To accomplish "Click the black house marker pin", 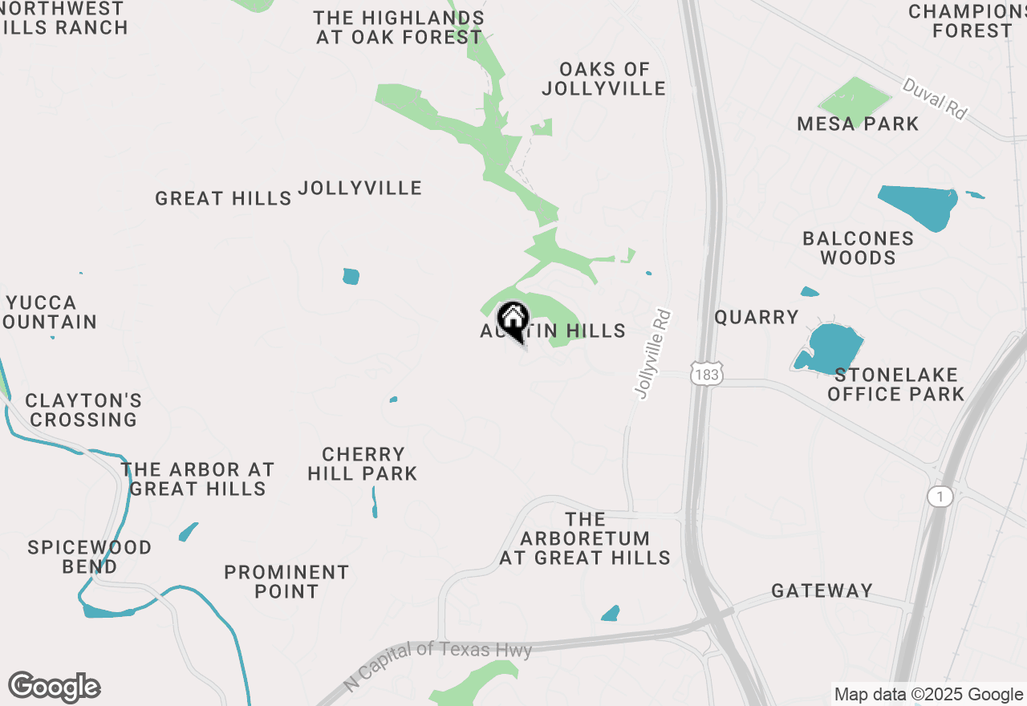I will (513, 319).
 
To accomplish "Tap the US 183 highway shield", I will (706, 374).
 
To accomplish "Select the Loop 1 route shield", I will (939, 497).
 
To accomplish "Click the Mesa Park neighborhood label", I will (858, 124).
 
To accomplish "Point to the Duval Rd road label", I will (935, 99).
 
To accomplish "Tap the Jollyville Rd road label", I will (652, 355).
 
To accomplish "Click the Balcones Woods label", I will (858, 248).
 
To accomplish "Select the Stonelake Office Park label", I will (895, 384).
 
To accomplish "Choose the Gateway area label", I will (822, 591).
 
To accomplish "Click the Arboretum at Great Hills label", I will (585, 538).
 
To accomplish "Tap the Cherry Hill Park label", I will (363, 464).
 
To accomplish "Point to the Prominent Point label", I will (286, 582).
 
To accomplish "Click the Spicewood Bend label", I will (90, 557).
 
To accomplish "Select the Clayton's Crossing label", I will (83, 410).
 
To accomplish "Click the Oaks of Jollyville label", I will (603, 79).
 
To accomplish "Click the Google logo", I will (54, 688).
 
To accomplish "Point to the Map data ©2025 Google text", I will (928, 695).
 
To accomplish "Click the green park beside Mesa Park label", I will (854, 100).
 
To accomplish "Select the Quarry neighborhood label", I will (757, 318).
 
